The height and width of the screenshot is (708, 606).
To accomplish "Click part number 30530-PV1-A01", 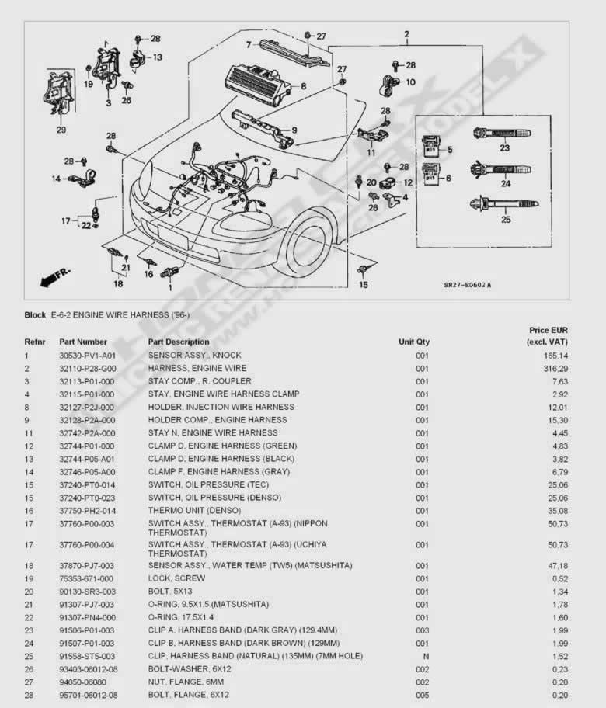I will tap(87, 355).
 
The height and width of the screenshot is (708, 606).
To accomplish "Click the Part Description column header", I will tap(179, 342).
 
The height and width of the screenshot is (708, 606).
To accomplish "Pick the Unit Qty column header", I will tap(414, 342).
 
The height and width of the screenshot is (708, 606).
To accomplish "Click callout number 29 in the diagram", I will tap(61, 130).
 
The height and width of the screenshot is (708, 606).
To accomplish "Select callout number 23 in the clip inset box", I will tap(504, 147).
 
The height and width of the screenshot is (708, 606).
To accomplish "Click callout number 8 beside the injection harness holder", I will tap(303, 86).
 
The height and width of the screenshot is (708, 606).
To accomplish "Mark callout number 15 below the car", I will tap(363, 285).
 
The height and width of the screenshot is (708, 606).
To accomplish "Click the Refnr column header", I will tap(35, 342).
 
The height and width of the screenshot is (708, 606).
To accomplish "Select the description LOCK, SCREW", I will tap(176, 578).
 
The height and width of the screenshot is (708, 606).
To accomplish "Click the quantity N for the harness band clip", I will tap(422, 656).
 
